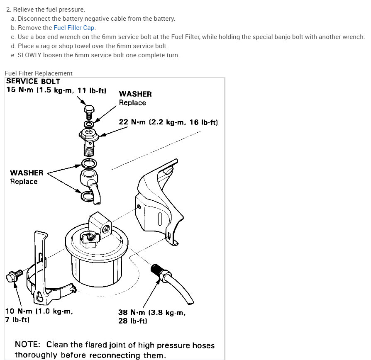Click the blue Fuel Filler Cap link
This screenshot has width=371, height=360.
click(x=74, y=28)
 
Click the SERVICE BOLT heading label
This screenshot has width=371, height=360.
click(x=33, y=82)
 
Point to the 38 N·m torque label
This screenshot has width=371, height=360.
click(x=152, y=313)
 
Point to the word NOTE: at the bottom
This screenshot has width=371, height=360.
click(x=27, y=345)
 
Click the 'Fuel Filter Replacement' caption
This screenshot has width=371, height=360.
click(x=39, y=73)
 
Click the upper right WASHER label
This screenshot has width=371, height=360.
click(x=135, y=94)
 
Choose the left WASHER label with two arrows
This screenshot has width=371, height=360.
click(x=27, y=173)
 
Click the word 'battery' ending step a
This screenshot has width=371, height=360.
click(x=164, y=19)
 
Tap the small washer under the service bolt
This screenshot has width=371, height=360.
click(x=89, y=124)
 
